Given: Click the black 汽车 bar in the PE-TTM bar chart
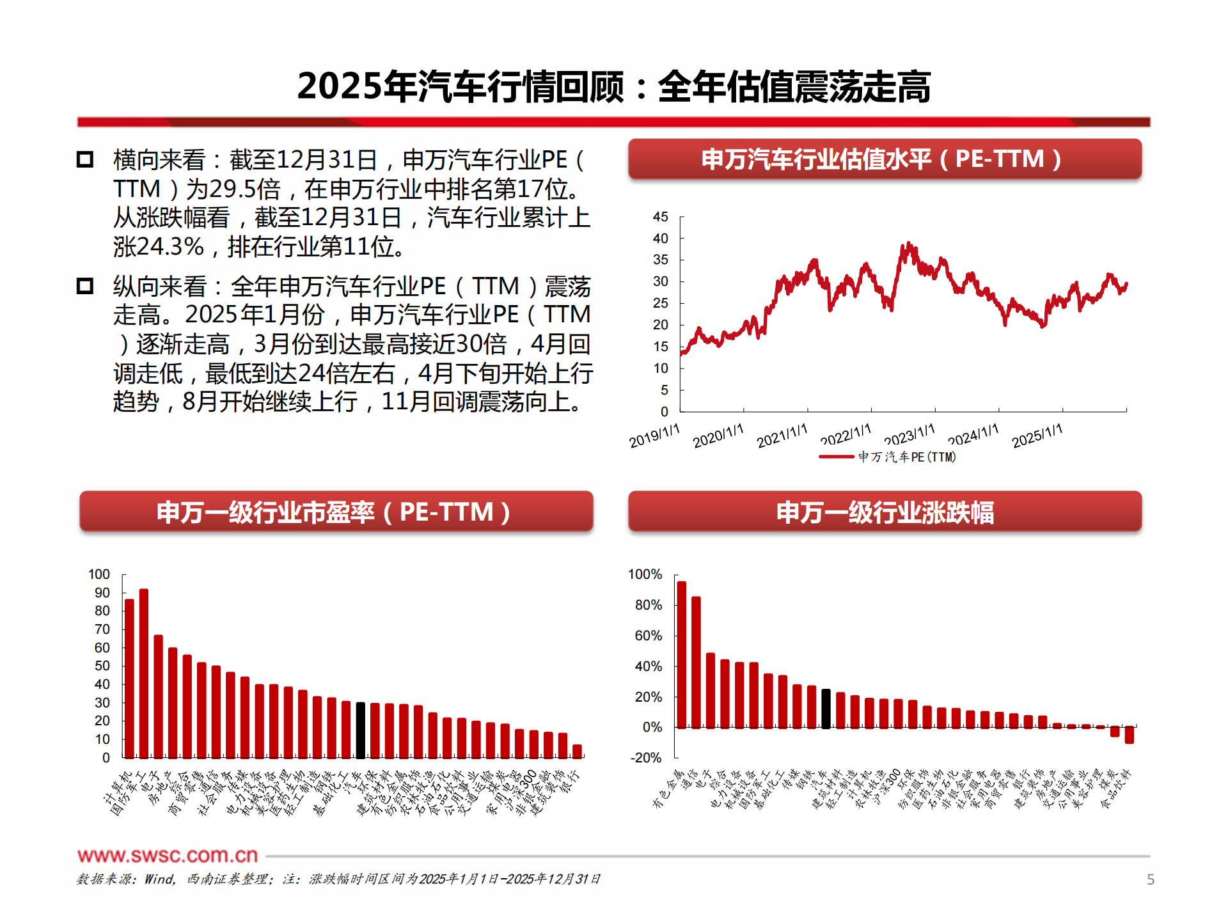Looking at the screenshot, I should coord(361,730).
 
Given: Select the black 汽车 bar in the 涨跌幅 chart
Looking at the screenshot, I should coord(826,709).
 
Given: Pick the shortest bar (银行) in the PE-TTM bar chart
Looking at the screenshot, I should coord(577,751).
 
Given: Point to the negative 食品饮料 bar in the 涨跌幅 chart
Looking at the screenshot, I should coord(1129,735).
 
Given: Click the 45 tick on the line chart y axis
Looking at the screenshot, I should coord(660,217).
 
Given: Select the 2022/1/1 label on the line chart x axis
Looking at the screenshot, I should coord(846,435).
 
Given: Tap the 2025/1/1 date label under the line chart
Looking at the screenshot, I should coord(1037,435).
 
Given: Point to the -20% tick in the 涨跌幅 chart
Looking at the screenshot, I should coord(646,758).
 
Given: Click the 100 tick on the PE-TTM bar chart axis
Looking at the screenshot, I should coord(99,574).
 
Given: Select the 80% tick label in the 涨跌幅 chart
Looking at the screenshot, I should coord(648,605).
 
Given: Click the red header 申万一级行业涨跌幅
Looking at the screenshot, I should coord(885,512).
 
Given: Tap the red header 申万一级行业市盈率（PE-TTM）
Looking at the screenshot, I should coord(336,512).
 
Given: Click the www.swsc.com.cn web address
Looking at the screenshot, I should coord(168,855).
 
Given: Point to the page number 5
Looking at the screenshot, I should coord(1151,879).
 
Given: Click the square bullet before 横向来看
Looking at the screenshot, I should coord(85,159).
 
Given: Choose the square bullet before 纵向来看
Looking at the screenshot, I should coord(85,286).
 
